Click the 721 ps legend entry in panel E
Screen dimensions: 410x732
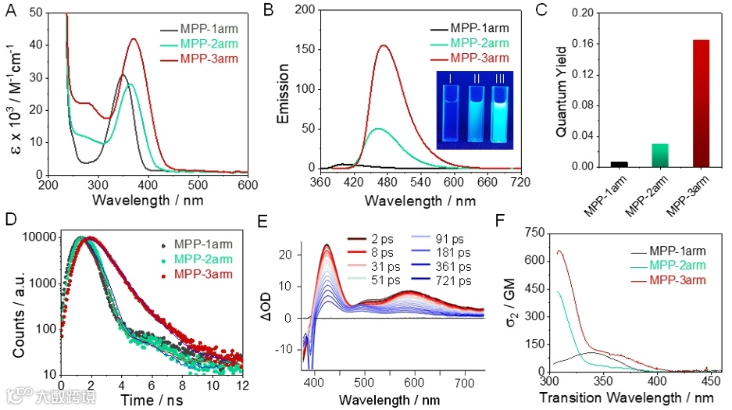point(452,280)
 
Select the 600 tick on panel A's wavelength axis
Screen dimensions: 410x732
point(248,185)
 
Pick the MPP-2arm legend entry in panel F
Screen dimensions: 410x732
point(668,266)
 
